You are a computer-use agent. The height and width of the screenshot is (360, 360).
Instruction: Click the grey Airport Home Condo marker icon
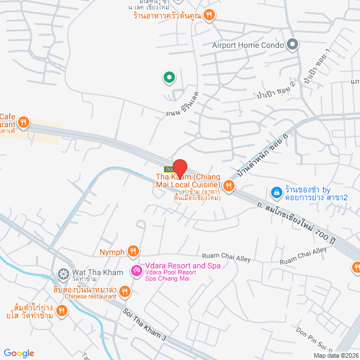click(291, 44)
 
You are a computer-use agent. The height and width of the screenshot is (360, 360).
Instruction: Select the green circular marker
click(168, 78)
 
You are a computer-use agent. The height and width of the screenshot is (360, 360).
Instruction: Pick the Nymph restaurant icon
click(133, 251)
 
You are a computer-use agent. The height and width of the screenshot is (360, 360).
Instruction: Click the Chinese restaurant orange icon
click(125, 291)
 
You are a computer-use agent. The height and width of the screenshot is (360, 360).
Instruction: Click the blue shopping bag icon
click(276, 193)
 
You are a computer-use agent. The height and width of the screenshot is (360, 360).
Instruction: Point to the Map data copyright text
click(335, 355)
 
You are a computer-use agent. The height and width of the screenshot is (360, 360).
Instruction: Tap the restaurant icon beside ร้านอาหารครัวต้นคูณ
click(209, 15)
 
